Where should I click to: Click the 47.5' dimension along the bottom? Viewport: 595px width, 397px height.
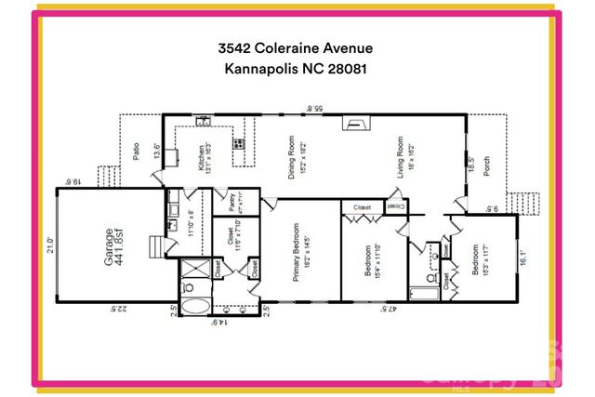pyautogui.click(x=382, y=310)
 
